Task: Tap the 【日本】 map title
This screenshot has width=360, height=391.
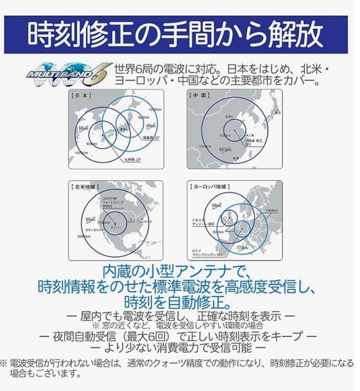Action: tap(81, 95)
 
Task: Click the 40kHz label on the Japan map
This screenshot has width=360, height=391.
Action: tap(150, 126)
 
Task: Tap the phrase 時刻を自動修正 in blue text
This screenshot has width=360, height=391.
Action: tap(179, 303)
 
